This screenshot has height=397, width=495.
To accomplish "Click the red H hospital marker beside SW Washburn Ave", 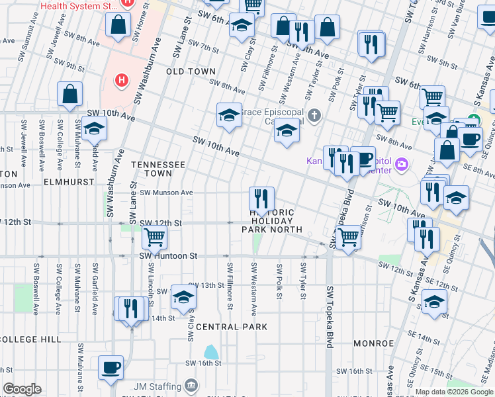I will pos(121,81).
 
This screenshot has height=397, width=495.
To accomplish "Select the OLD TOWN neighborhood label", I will pos(191,71).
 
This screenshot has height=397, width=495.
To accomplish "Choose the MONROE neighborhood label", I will pos(373,343).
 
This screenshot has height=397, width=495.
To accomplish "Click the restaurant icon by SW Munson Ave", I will pos(261,197).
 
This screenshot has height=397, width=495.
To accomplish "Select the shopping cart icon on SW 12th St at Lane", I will pos(154,236).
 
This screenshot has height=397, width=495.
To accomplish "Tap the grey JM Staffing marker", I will pos(191,385).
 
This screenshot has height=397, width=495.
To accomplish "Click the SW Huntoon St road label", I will pos(168,255).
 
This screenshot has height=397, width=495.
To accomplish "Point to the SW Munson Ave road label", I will pos(166,193).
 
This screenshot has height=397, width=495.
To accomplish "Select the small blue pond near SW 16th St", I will pos(212,352).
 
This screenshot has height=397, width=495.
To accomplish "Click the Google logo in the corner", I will pos(22,389).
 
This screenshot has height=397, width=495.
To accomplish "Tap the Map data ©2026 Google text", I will pos(453,392).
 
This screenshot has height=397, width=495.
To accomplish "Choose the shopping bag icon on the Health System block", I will pos(118,26).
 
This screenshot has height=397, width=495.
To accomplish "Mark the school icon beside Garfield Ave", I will pos(95,128).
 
